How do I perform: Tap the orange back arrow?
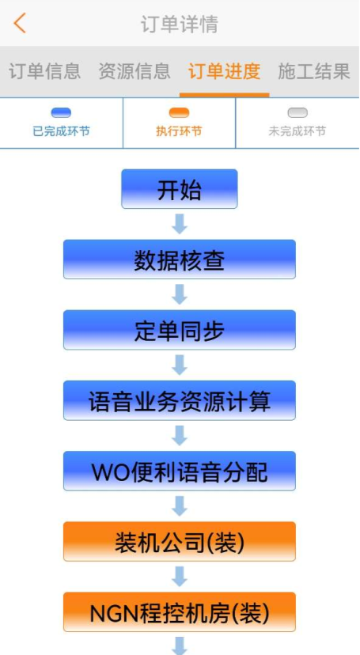click(x=20, y=23)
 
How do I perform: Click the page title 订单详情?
click(x=179, y=24)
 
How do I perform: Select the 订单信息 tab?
click(x=44, y=71)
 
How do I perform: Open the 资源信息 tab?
click(x=135, y=71)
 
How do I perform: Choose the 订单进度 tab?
click(x=224, y=71)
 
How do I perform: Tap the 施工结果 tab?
click(x=314, y=71)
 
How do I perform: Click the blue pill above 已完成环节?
click(x=61, y=113)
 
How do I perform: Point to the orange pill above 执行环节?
click(x=179, y=113)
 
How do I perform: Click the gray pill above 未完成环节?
click(x=297, y=113)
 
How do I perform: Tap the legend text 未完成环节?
click(x=297, y=131)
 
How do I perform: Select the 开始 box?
click(x=180, y=189)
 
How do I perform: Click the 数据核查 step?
click(x=180, y=259)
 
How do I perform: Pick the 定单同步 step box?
click(x=180, y=330)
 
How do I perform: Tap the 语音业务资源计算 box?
click(x=180, y=400)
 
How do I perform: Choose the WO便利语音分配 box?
click(x=180, y=471)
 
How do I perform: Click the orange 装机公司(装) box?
click(x=180, y=542)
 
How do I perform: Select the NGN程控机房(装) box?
click(x=180, y=612)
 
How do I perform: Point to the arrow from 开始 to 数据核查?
click(x=180, y=224)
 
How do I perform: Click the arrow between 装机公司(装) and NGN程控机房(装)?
click(x=180, y=577)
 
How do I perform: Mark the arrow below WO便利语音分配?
click(x=180, y=506)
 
